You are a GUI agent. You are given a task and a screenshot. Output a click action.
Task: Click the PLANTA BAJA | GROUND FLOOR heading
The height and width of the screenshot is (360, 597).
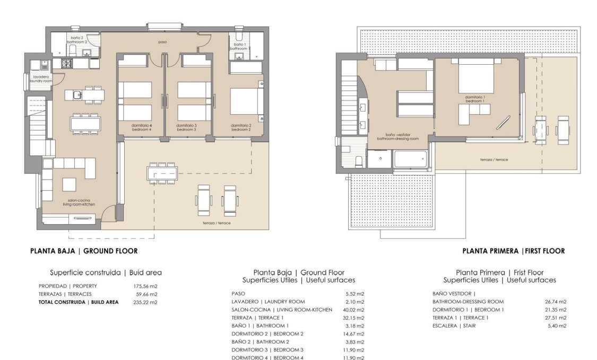pyautogui.click(x=83, y=251)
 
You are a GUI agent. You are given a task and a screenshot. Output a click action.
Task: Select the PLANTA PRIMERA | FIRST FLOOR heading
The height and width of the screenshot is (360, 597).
pyautogui.click(x=513, y=251)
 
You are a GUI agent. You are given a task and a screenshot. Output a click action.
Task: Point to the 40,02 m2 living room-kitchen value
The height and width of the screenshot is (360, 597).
pyautogui.click(x=354, y=310)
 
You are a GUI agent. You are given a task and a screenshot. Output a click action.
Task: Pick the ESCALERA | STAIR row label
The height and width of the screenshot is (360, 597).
pyautogui.click(x=454, y=325)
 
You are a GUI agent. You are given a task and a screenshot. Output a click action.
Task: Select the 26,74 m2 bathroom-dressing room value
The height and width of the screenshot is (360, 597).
pyautogui.click(x=556, y=302)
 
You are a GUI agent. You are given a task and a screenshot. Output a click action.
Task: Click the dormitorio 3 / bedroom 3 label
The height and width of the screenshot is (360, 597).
pyautogui.click(x=186, y=127)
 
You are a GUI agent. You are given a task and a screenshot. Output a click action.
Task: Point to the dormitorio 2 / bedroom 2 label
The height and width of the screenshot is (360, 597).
pyautogui.click(x=240, y=127)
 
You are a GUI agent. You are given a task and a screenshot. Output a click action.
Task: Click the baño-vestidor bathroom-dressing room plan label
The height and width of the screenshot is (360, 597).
pyautogui.click(x=397, y=136)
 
